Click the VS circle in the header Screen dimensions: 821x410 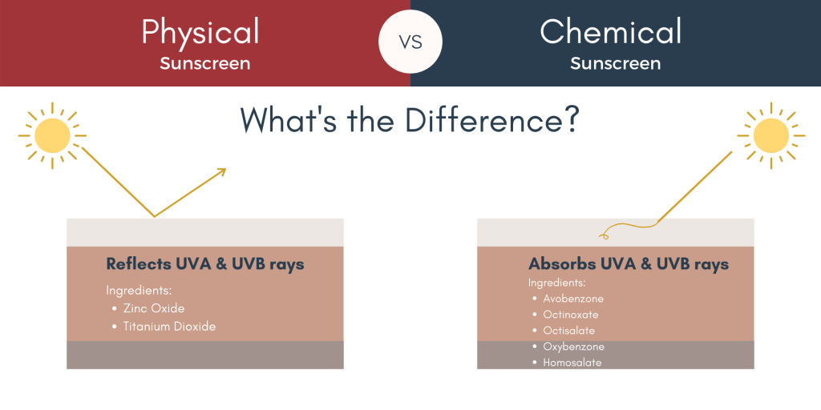(x=410, y=42)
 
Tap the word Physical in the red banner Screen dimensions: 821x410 (x=200, y=32)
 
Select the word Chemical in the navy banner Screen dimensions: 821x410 (x=610, y=31)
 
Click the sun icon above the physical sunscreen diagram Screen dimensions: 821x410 (x=52, y=135)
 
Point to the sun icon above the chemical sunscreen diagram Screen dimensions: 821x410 (x=771, y=135)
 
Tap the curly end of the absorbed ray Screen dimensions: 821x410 (x=604, y=236)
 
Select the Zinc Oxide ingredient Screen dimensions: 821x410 (x=154, y=308)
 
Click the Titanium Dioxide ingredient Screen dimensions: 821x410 (x=169, y=327)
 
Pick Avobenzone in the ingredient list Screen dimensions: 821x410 (x=573, y=299)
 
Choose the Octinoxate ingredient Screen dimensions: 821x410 (x=571, y=315)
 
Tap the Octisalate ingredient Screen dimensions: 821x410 (x=568, y=331)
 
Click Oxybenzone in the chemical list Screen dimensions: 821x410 (x=574, y=347)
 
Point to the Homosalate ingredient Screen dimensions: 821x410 (x=572, y=363)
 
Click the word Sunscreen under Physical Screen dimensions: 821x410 (x=205, y=64)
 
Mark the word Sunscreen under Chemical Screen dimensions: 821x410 (x=615, y=64)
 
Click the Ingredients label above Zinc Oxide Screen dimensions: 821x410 (x=140, y=291)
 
